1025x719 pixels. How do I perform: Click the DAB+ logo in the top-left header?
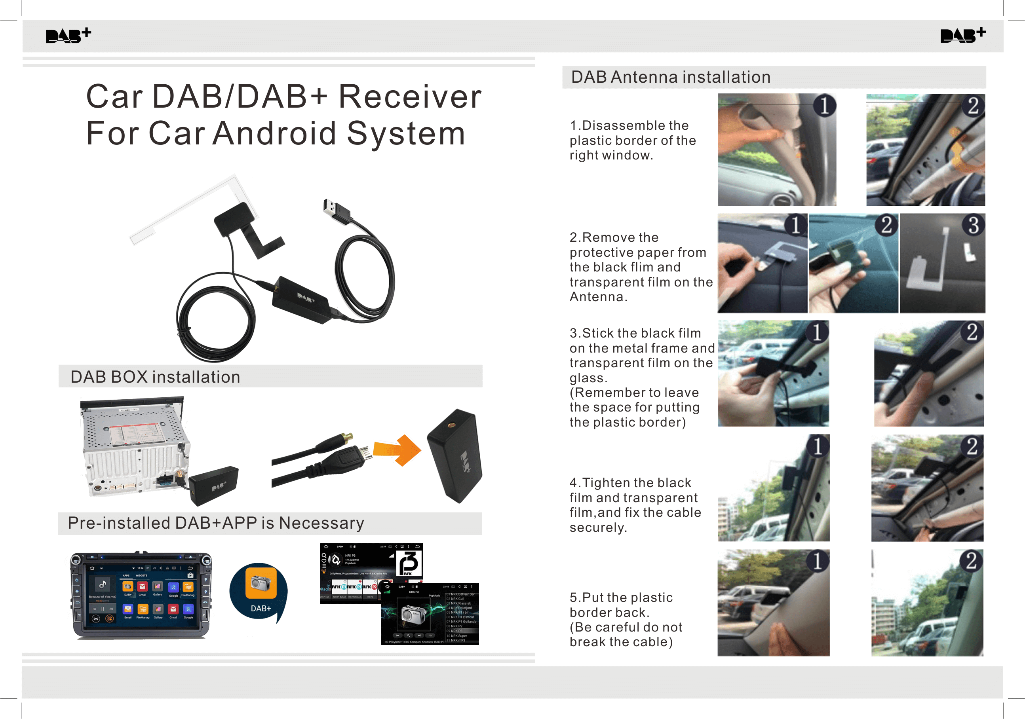pos(68,35)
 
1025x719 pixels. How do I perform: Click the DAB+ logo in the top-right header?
pos(962,35)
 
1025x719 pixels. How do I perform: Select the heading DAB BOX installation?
pos(155,377)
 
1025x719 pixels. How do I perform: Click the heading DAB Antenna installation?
pos(671,77)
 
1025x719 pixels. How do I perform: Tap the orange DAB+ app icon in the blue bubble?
pos(261,582)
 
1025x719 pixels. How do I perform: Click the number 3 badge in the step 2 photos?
pos(973,226)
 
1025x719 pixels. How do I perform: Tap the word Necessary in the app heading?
pos(321,523)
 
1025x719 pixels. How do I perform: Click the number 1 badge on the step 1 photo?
pos(824,106)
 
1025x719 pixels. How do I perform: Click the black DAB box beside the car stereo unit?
pos(213,486)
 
